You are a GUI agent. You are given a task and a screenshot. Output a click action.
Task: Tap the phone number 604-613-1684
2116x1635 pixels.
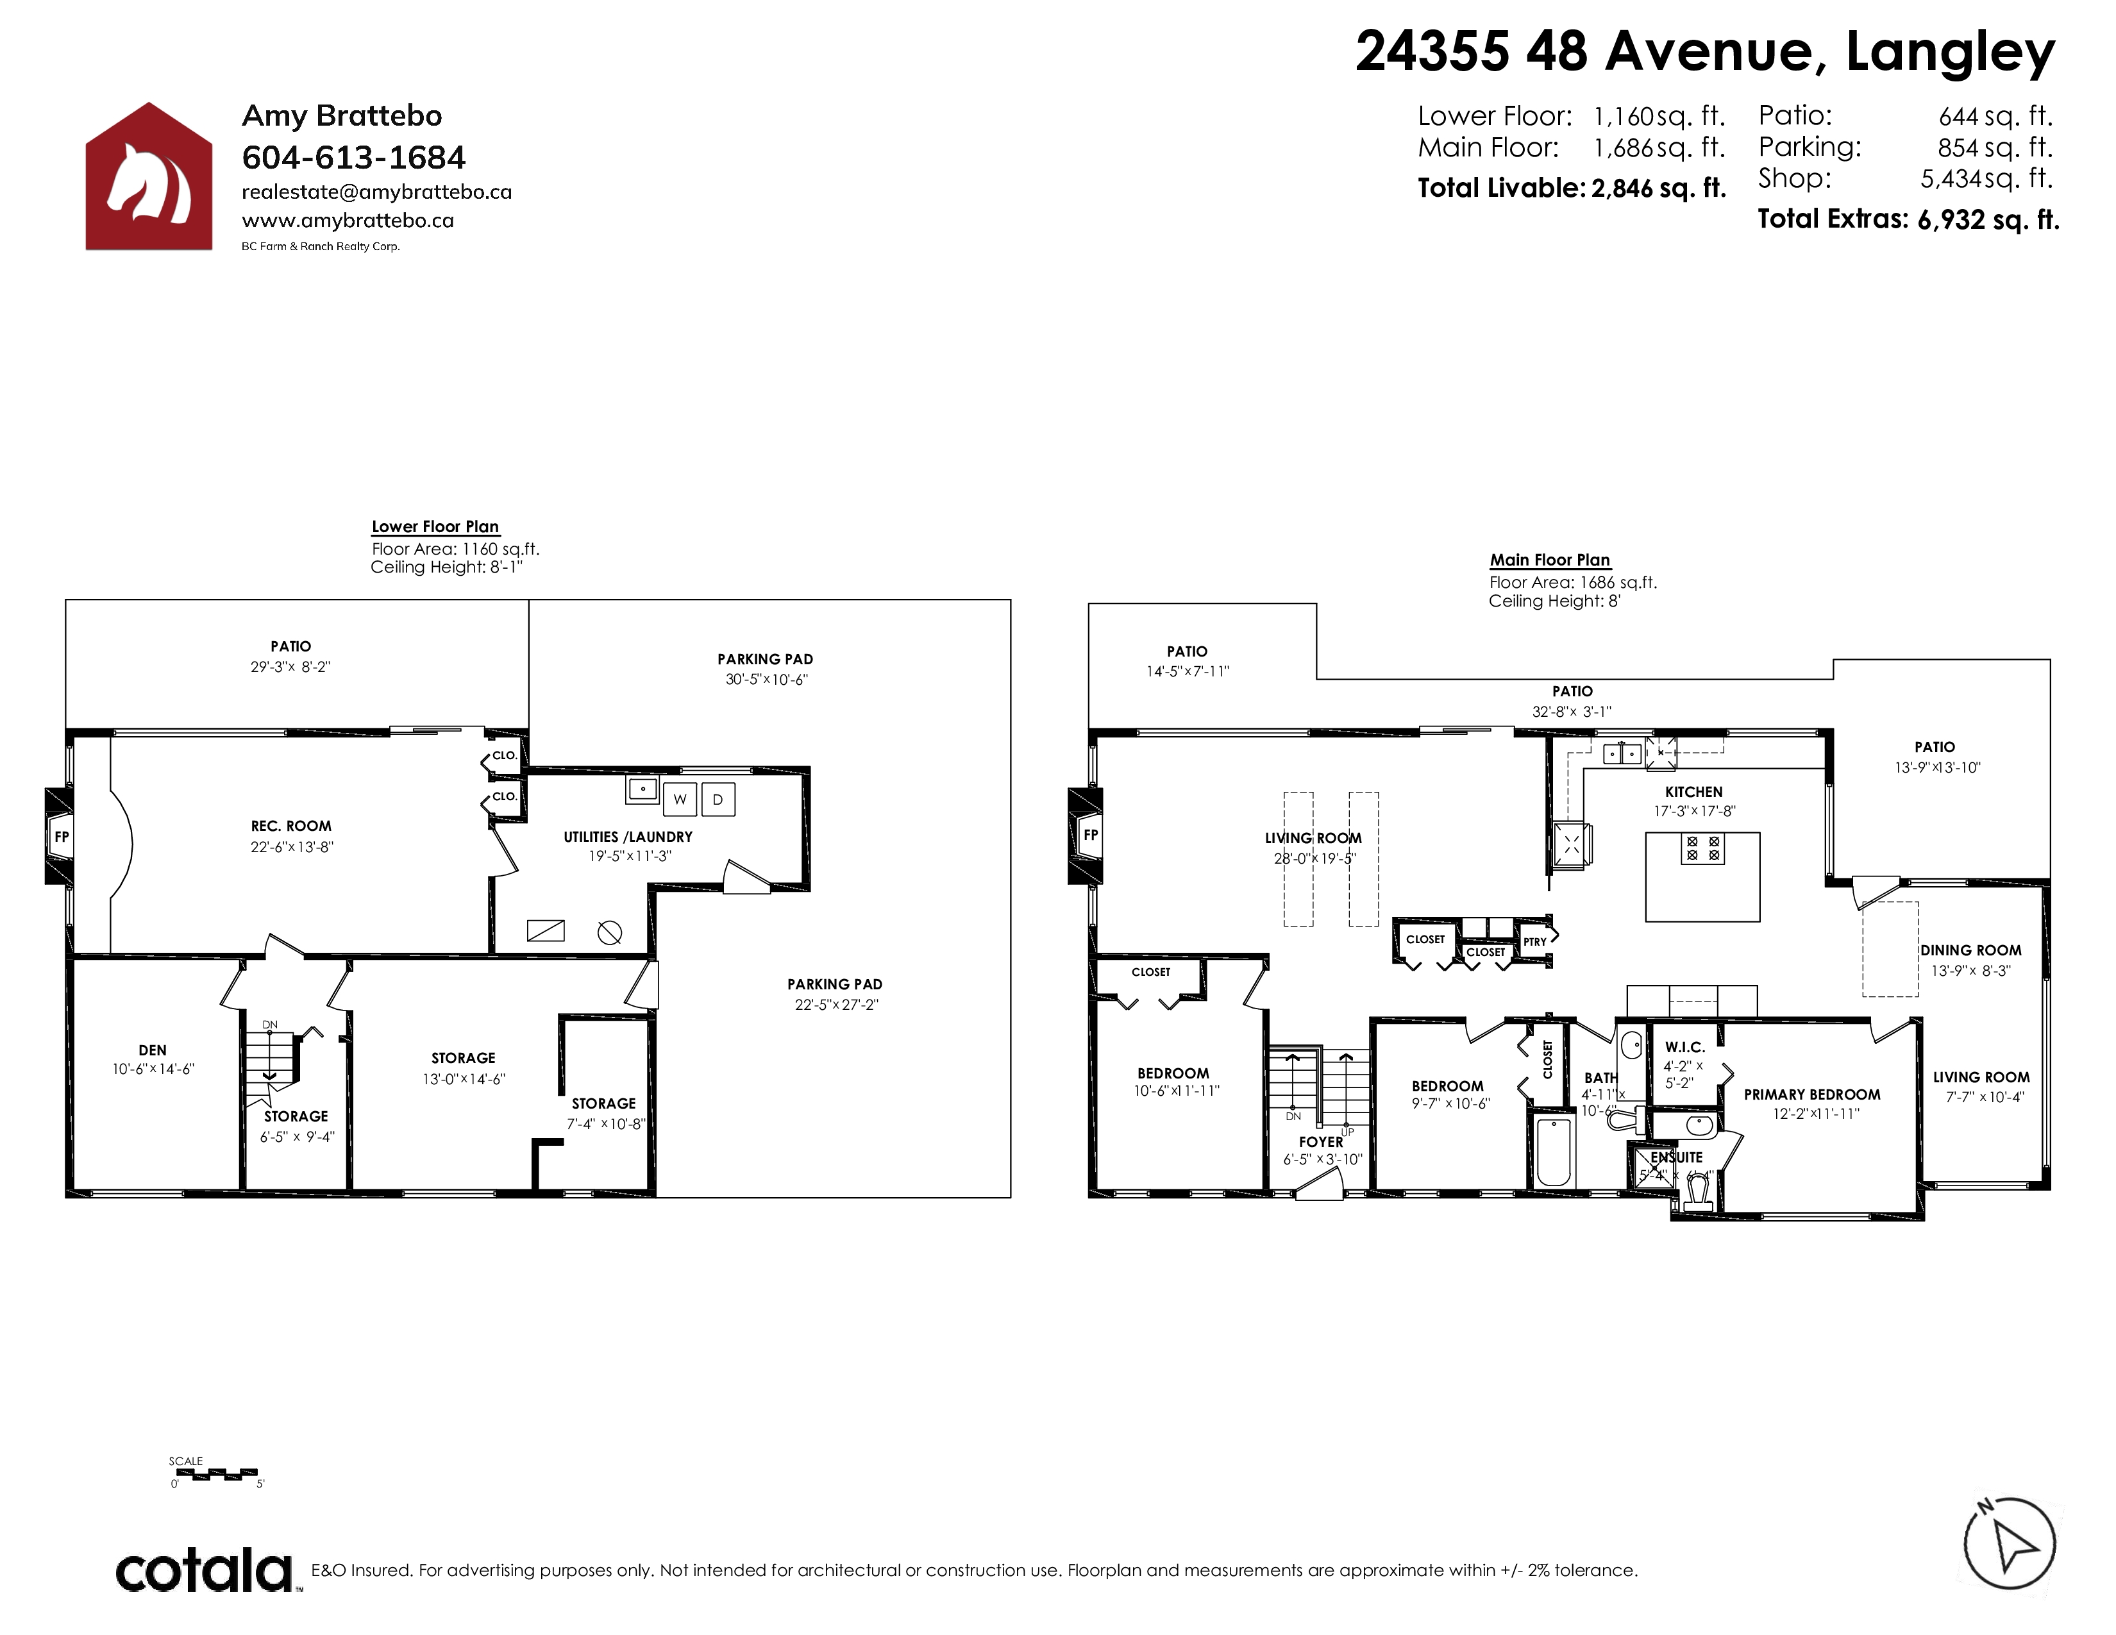(x=354, y=157)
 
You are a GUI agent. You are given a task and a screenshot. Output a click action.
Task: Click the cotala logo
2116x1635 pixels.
(x=205, y=1571)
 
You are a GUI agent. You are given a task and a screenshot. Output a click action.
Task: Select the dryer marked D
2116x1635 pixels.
(x=718, y=799)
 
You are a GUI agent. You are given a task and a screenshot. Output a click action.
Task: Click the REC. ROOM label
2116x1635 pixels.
(x=290, y=826)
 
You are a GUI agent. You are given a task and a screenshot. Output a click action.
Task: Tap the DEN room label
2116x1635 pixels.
(x=152, y=1050)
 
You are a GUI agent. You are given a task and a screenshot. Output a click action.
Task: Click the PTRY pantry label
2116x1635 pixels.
(x=1534, y=941)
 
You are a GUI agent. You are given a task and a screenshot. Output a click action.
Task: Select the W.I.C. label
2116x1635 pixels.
(x=1685, y=1047)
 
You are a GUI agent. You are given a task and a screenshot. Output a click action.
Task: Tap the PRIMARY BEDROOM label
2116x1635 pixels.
(x=1812, y=1094)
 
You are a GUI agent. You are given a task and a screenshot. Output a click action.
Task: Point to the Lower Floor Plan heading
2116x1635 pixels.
(x=435, y=527)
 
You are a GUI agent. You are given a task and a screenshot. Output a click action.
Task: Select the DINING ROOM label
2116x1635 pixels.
(x=1970, y=950)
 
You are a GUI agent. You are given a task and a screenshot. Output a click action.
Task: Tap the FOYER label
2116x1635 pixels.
(x=1322, y=1142)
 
